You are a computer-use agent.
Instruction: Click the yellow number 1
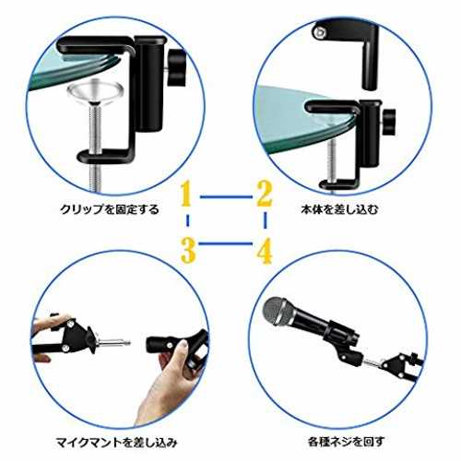[x=186, y=194]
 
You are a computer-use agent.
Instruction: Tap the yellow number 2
[x=265, y=194]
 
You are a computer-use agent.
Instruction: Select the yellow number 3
[x=188, y=251]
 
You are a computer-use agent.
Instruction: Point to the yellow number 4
[x=265, y=251]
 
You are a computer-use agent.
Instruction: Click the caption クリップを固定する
[x=110, y=209]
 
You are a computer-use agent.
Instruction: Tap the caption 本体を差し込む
[x=339, y=209]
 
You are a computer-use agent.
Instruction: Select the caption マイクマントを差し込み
[x=117, y=443]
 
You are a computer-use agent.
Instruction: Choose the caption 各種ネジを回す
[x=346, y=442]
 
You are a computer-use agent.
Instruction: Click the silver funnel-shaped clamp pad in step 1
[x=96, y=91]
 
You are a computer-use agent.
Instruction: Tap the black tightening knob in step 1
[x=177, y=68]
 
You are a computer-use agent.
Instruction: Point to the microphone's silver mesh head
[x=276, y=311]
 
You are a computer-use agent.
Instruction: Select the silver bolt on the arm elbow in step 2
[x=320, y=32]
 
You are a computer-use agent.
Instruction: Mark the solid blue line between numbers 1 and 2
[x=226, y=196]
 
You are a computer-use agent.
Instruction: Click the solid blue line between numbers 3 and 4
[x=226, y=243]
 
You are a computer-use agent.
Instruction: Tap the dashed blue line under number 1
[x=187, y=220]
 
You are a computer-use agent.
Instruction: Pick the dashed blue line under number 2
[x=266, y=220]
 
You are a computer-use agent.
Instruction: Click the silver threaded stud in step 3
[x=113, y=342]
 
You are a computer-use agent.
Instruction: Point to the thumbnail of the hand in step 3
[x=184, y=346]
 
